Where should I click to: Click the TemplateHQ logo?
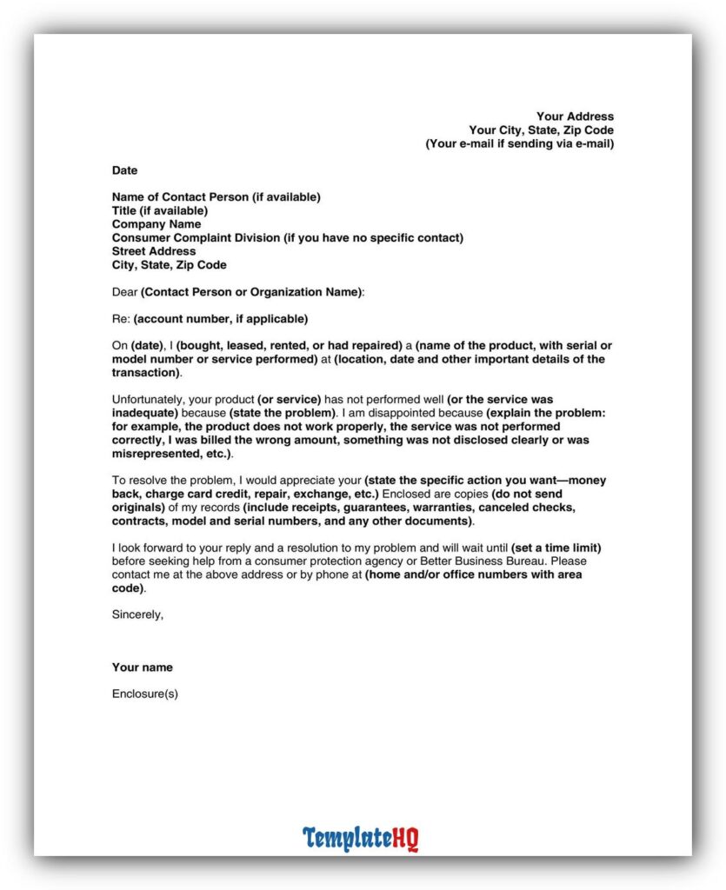(361, 839)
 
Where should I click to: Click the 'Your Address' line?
(575, 116)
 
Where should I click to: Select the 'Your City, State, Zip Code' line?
(541, 130)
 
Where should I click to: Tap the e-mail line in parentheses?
(519, 143)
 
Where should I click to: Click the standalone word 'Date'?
(124, 170)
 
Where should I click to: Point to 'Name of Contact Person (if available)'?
(216, 197)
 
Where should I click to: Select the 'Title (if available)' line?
(160, 210)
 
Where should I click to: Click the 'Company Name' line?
(157, 224)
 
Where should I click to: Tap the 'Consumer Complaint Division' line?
(287, 237)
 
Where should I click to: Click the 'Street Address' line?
(154, 251)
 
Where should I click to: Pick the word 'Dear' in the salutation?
(125, 292)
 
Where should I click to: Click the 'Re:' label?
(121, 319)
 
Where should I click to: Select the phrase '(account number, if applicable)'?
(220, 319)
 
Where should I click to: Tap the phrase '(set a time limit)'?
(556, 548)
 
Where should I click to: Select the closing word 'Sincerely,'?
(137, 614)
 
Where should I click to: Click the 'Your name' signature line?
(143, 667)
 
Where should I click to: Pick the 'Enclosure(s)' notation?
(145, 694)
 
